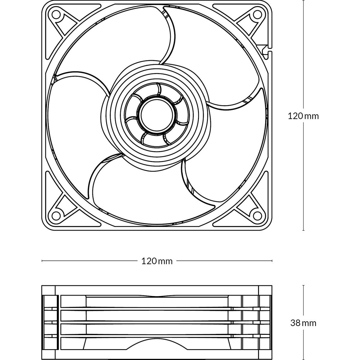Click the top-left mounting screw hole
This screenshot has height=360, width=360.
(56, 15)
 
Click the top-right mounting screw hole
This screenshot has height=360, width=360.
(257, 15)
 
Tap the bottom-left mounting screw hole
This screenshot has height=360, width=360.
(56, 216)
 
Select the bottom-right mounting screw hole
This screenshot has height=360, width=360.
(257, 216)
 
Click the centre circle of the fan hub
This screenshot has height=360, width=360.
(157, 115)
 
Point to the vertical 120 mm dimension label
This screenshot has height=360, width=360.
(303, 116)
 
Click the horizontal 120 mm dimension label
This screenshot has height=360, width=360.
(157, 261)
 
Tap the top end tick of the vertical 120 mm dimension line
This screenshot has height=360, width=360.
(303, 1)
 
